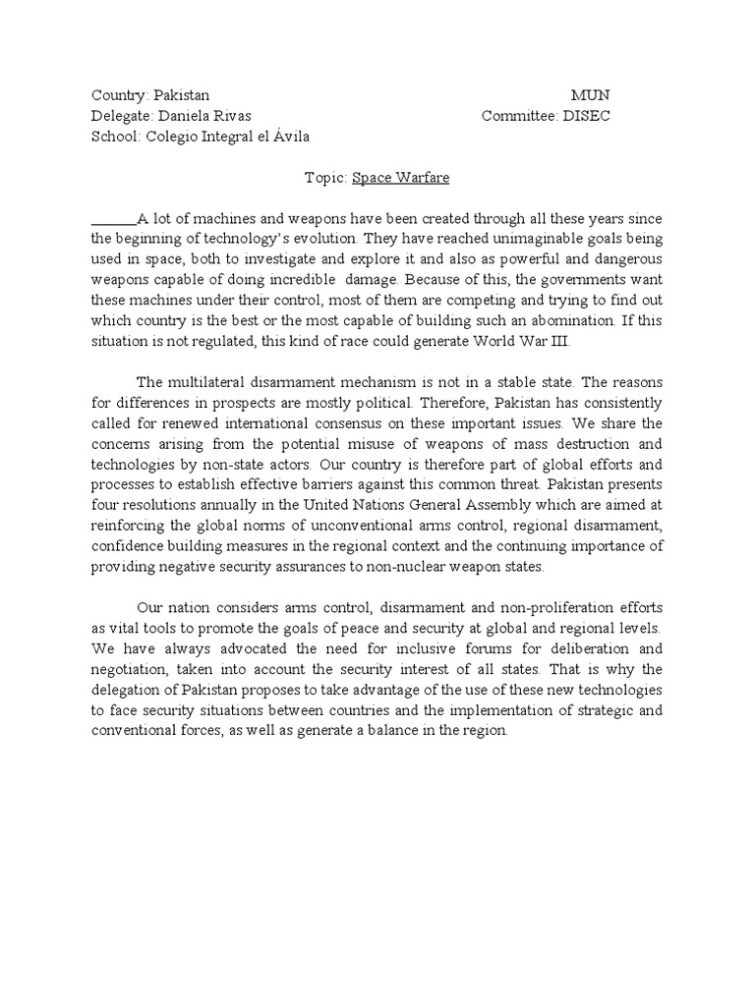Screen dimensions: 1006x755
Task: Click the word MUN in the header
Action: (x=590, y=95)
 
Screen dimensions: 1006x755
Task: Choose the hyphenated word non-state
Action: (x=241, y=464)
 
